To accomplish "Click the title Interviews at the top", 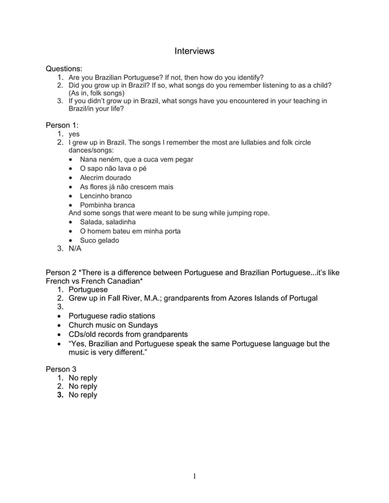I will [194, 51].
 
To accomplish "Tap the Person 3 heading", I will [61, 369].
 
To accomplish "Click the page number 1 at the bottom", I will [194, 476].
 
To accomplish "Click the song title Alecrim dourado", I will [105, 178].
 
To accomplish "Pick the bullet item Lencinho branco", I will [105, 196].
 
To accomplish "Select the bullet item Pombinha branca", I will [107, 205].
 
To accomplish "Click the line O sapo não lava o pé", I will [113, 169].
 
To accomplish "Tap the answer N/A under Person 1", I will [75, 248].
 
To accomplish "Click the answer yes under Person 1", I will [74, 134].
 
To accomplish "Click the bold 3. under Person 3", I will [61, 395].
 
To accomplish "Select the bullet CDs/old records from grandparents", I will [128, 334].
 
